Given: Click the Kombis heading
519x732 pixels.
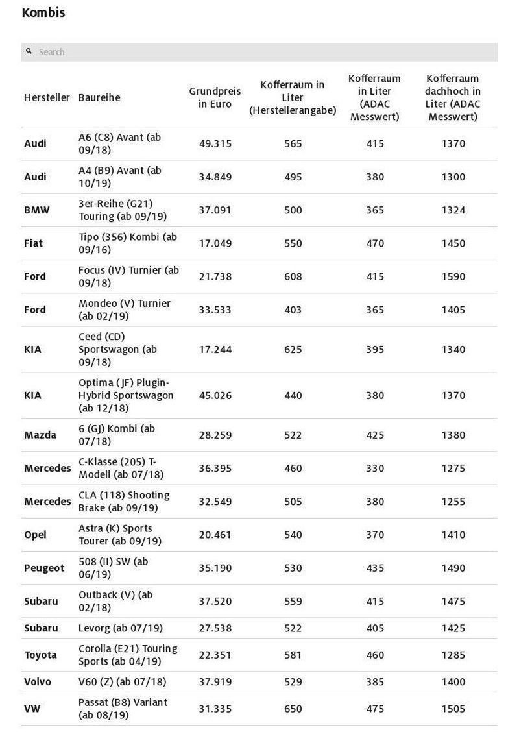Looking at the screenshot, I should coord(43,12).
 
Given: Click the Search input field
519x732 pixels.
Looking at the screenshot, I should coord(259,52).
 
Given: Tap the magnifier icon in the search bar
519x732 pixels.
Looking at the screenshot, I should coord(29,51).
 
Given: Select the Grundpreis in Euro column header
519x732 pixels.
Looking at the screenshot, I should coord(215,97).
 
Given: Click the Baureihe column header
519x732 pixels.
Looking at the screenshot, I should coord(99,97).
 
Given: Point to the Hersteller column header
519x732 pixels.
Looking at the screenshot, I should coord(47,97).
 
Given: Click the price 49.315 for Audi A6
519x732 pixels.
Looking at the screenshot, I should coord(215,143).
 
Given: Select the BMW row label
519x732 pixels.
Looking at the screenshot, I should coord(36,210).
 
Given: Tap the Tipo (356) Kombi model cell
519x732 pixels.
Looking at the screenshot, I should coord(128,243).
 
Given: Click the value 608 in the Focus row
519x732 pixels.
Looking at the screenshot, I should coord(293,276).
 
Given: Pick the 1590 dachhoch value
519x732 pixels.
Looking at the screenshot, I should coord(453,276).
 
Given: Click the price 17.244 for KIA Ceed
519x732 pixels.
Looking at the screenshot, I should coord(215,349).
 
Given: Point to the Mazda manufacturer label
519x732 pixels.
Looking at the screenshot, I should coord(40,435).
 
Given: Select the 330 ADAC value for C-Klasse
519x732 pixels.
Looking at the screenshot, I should coord(374,468).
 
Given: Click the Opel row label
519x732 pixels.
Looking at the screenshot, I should coord(36,535).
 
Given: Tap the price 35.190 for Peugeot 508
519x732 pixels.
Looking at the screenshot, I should coord(215,568).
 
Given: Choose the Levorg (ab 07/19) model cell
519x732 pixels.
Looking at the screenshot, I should coord(121,628).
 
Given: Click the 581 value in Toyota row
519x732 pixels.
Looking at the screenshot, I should coord(293,655).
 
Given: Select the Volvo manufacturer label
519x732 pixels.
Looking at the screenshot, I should coord(38,681).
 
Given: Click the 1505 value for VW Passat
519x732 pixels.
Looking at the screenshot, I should coord(453,709).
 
